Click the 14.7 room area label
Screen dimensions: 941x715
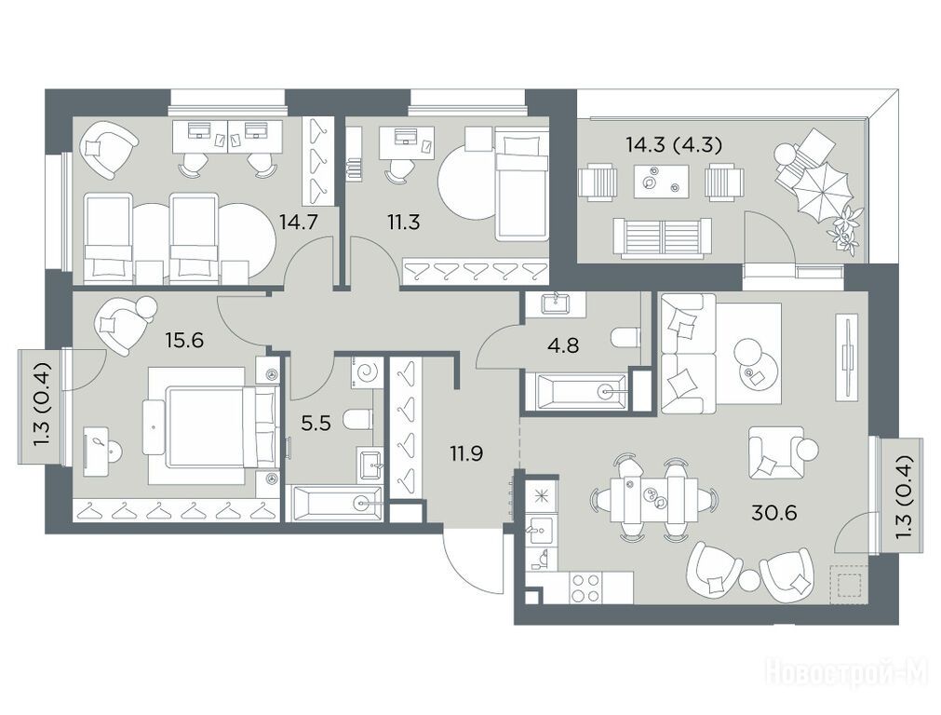tap(298, 223)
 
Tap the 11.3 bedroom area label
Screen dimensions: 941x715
tap(403, 223)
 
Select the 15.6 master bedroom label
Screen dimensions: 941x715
tap(185, 341)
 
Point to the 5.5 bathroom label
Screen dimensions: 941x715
tap(316, 424)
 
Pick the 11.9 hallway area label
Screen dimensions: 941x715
tap(467, 453)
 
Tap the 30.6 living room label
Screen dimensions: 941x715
tap(774, 513)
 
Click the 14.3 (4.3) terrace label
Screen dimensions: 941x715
tap(673, 144)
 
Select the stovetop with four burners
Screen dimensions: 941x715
tap(586, 587)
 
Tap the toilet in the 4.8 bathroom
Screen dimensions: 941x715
tap(625, 337)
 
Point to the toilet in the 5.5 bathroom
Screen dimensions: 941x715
tap(359, 419)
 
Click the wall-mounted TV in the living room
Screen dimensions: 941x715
tap(848, 357)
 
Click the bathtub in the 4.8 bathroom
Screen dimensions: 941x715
tap(578, 392)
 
